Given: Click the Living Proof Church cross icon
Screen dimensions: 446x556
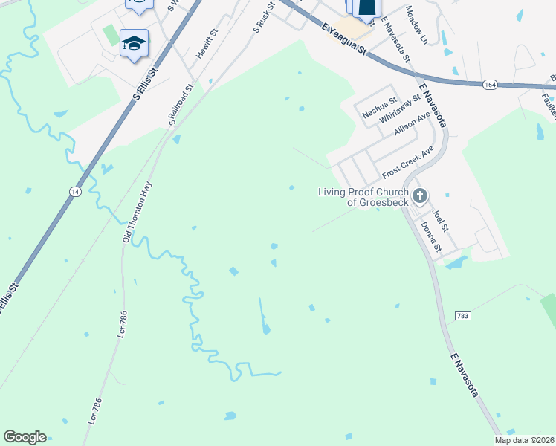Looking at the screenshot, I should click(420, 197).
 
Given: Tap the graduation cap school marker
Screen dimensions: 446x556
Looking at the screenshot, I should click(134, 43).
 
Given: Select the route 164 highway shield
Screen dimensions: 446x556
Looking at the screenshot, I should click(489, 85).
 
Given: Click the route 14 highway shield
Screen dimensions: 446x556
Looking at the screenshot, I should click(74, 192).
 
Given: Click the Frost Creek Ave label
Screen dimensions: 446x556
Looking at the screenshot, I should click(407, 162).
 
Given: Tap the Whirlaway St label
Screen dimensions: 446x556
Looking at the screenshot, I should click(400, 109).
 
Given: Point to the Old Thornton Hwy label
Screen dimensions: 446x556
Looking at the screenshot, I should click(137, 213).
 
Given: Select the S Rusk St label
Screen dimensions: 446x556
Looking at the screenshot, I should click(264, 16).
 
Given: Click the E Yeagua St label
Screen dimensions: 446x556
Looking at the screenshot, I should click(344, 38).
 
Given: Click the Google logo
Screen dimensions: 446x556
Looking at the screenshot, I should click(25, 437).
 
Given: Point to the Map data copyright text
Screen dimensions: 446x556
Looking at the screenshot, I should click(524, 440).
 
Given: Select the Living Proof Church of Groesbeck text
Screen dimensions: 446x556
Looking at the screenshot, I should click(363, 197).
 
